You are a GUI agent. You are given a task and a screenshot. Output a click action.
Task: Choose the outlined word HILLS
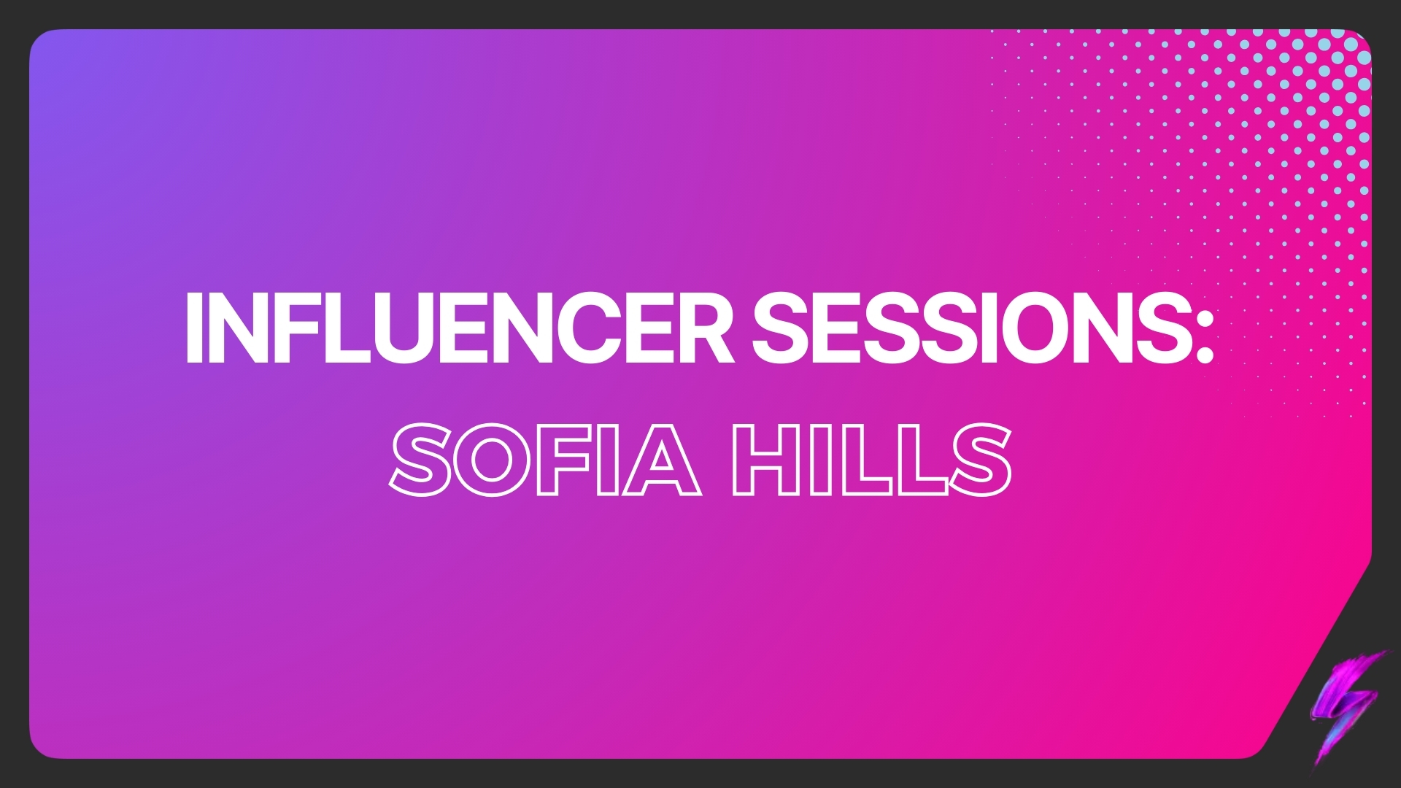872,461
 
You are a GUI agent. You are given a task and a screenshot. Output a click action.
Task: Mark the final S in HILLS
983,461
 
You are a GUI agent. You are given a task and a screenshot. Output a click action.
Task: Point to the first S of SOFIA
419,461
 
